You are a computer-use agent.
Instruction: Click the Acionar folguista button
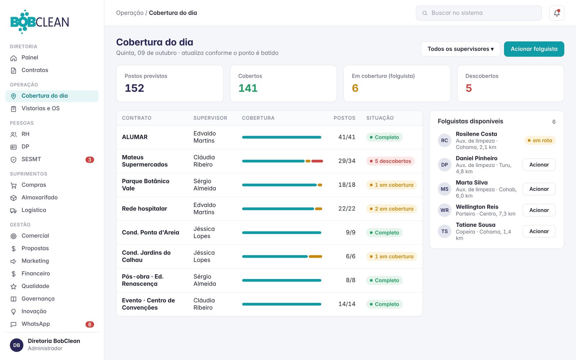(534, 49)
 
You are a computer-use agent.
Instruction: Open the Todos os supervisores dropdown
(460, 49)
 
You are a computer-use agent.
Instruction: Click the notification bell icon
(557, 13)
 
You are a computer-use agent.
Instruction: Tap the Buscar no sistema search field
(478, 13)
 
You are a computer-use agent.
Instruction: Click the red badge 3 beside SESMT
(90, 160)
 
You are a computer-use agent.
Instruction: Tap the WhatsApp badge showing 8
(90, 324)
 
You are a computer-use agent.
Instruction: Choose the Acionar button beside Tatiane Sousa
(539, 231)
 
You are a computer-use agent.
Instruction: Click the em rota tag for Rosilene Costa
(540, 140)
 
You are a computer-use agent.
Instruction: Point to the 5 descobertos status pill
(390, 161)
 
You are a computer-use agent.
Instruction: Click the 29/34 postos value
(347, 161)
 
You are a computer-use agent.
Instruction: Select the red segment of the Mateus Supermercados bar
(317, 161)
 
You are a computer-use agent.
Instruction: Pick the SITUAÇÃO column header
(380, 118)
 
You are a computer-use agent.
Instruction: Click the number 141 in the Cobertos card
(248, 88)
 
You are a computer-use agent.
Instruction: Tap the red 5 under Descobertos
(468, 88)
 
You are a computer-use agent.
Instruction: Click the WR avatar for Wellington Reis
(444, 210)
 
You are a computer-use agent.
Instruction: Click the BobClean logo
(40, 22)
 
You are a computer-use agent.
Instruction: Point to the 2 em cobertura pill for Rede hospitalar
(391, 209)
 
